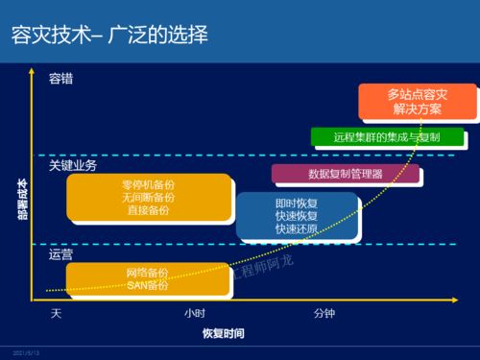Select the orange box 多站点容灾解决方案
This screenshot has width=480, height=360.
417,102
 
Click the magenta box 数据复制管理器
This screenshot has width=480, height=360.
345,174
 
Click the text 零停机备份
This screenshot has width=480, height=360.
148,183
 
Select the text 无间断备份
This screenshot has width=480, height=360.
148,196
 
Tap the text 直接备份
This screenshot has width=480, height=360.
148,208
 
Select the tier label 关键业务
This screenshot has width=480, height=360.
73,166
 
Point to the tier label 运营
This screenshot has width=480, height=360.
61,254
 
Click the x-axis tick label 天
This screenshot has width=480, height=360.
56,314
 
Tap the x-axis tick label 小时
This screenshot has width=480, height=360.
195,314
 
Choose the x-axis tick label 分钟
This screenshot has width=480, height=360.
324,314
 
